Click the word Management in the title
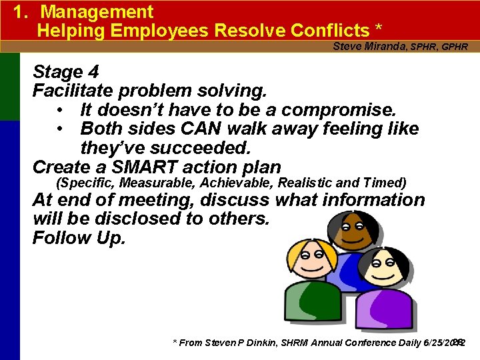click(97, 12)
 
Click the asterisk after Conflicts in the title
click(379, 29)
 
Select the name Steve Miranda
click(370, 47)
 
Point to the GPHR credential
click(455, 47)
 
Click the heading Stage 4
click(67, 71)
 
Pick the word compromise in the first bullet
click(338, 109)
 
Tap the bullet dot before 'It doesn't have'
click(60, 109)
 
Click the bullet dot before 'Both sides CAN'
click(60, 129)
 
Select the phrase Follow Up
click(79, 239)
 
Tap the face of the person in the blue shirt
click(351, 231)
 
